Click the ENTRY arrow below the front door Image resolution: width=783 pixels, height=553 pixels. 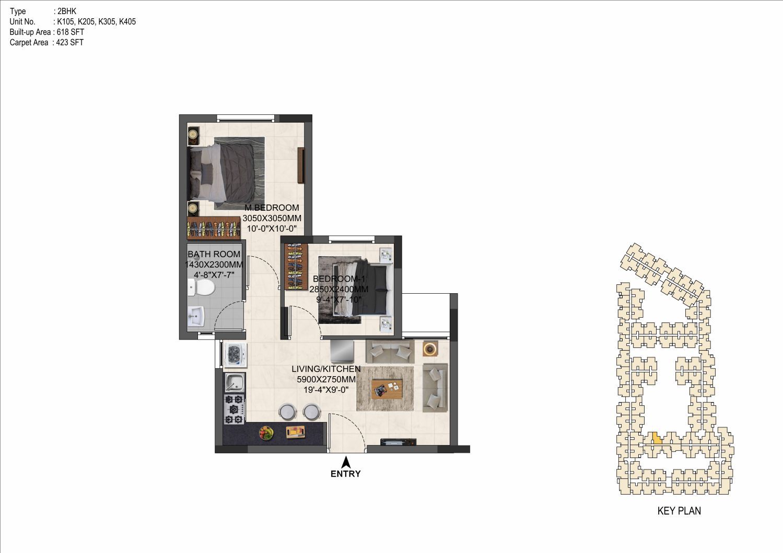click(x=346, y=462)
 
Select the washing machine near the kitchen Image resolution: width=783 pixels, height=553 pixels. click(x=235, y=355)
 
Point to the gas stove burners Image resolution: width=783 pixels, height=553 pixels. click(x=234, y=409)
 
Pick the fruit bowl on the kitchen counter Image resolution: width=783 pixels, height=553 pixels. click(x=266, y=433)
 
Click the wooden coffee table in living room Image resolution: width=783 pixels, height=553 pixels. click(x=387, y=389)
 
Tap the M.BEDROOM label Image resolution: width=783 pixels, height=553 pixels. click(x=272, y=208)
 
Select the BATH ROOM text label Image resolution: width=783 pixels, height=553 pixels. click(x=214, y=254)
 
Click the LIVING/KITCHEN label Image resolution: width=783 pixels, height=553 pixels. click(x=326, y=369)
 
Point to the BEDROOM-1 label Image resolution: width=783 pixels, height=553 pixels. click(x=338, y=279)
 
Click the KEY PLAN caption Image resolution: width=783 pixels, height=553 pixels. click(x=679, y=511)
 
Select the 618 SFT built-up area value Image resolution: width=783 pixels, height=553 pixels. click(x=71, y=32)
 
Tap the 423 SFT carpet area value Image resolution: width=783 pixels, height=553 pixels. click(x=70, y=43)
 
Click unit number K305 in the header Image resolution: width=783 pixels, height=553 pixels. click(x=107, y=21)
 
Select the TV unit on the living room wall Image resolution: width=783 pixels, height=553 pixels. click(x=399, y=442)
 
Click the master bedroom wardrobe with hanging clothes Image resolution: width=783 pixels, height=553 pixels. click(x=214, y=228)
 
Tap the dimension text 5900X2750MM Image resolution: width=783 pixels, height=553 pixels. click(x=326, y=379)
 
